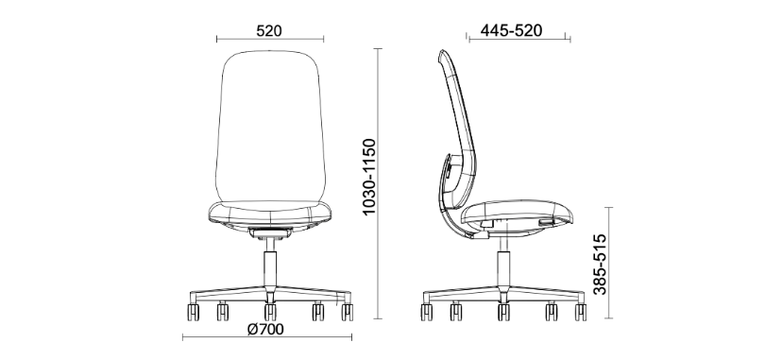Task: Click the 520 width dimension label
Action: [x=269, y=29]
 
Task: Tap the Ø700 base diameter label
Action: [x=267, y=329]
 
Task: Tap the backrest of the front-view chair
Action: [x=269, y=123]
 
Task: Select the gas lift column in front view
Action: [x=269, y=260]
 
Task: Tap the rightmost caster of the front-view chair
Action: [x=348, y=308]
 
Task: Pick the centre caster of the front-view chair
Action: [x=270, y=310]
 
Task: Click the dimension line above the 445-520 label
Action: [x=518, y=40]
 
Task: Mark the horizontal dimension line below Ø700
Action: [x=269, y=339]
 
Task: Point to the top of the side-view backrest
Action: [x=444, y=55]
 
